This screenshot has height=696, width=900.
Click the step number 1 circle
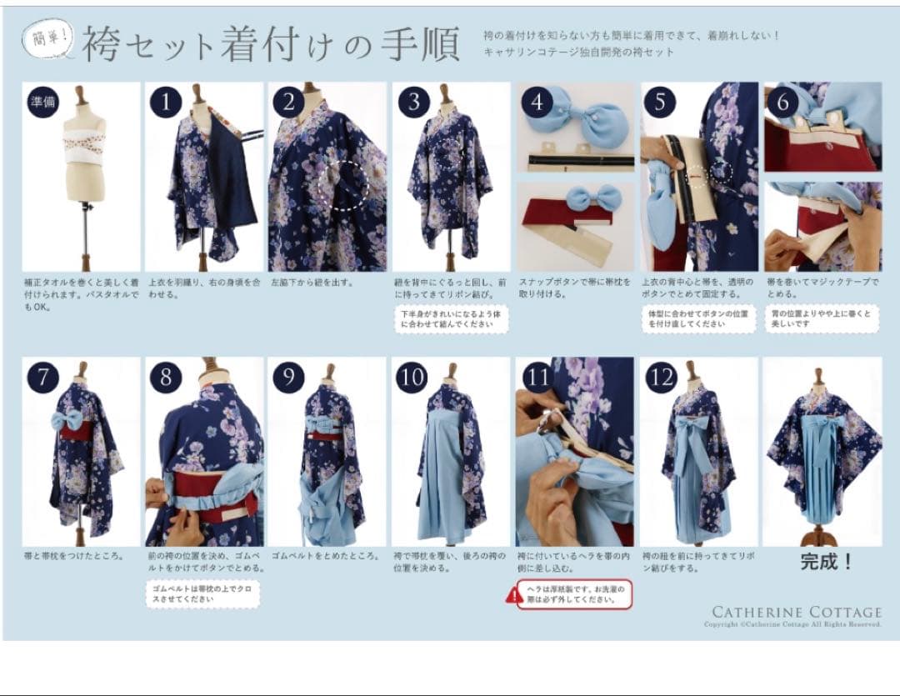click(166, 103)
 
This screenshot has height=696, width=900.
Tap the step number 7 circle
click(43, 378)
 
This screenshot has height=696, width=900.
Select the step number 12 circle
click(660, 378)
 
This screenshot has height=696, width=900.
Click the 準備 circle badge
click(43, 103)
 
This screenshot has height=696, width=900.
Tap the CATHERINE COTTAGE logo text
click(796, 612)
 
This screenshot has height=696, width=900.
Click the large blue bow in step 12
click(693, 433)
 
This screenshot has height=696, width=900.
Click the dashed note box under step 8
click(203, 594)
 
